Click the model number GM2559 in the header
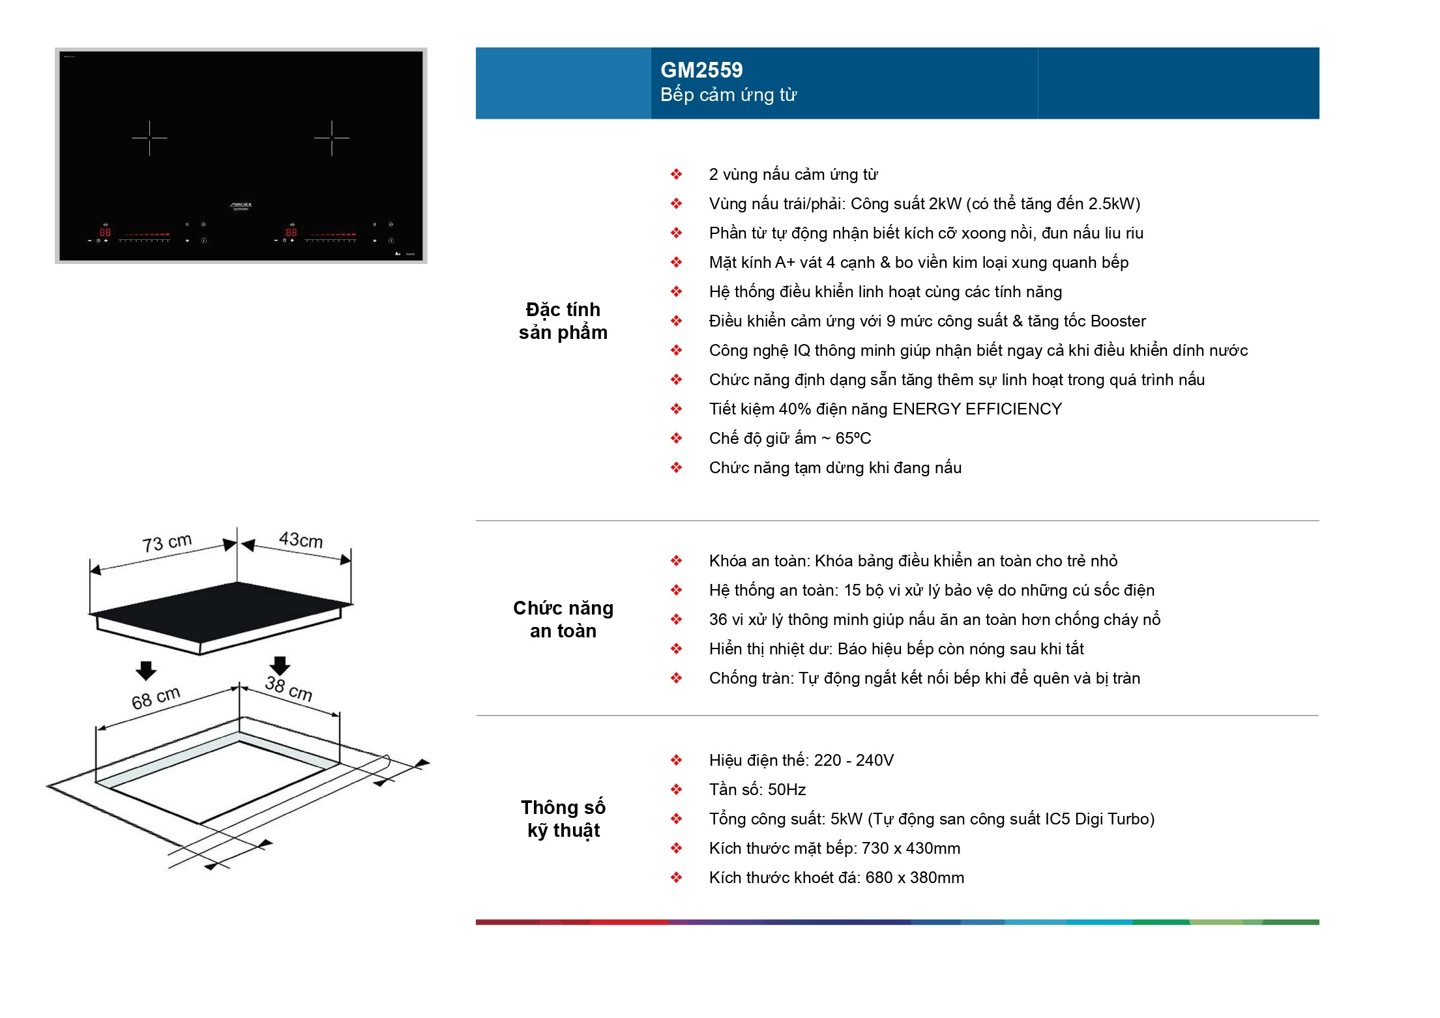[701, 70]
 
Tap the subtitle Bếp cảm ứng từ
[728, 95]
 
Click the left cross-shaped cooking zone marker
[149, 138]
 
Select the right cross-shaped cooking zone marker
[332, 138]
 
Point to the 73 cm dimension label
[167, 542]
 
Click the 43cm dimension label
[301, 540]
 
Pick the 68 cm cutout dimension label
[156, 698]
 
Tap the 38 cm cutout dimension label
[288, 688]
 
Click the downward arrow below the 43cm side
[280, 665]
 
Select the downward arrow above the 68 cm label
[146, 670]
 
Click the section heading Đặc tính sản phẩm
[563, 321]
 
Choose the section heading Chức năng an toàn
[563, 619]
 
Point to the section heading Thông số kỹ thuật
[563, 819]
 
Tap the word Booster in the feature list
[1118, 321]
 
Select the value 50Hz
[787, 790]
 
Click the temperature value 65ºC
[853, 439]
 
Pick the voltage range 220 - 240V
[853, 761]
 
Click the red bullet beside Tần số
[677, 790]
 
